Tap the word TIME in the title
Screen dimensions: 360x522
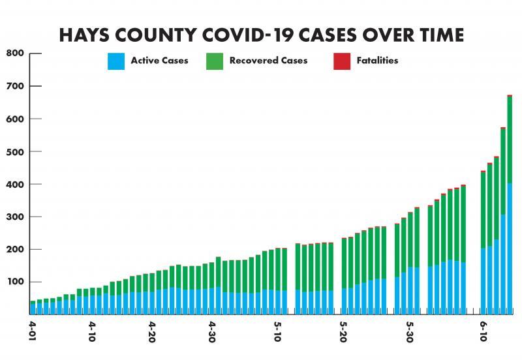click(x=434, y=35)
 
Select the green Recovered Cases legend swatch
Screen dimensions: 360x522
click(x=215, y=61)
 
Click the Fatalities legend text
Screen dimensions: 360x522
click(x=377, y=61)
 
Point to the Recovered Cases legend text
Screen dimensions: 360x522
click(x=268, y=61)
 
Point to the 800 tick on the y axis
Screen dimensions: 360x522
click(x=15, y=53)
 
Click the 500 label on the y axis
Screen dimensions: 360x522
click(x=15, y=151)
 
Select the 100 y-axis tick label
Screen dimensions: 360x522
click(x=15, y=282)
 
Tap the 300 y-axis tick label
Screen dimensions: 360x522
click(x=15, y=217)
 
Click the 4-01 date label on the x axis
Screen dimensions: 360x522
click(x=32, y=329)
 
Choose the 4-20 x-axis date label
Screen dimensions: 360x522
click(x=151, y=329)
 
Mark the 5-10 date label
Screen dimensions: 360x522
click(x=278, y=329)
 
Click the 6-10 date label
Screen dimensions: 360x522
click(x=484, y=329)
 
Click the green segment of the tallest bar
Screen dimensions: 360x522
click(x=510, y=140)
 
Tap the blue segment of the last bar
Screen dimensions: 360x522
click(x=510, y=248)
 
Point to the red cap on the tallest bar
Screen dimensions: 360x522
click(x=510, y=96)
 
